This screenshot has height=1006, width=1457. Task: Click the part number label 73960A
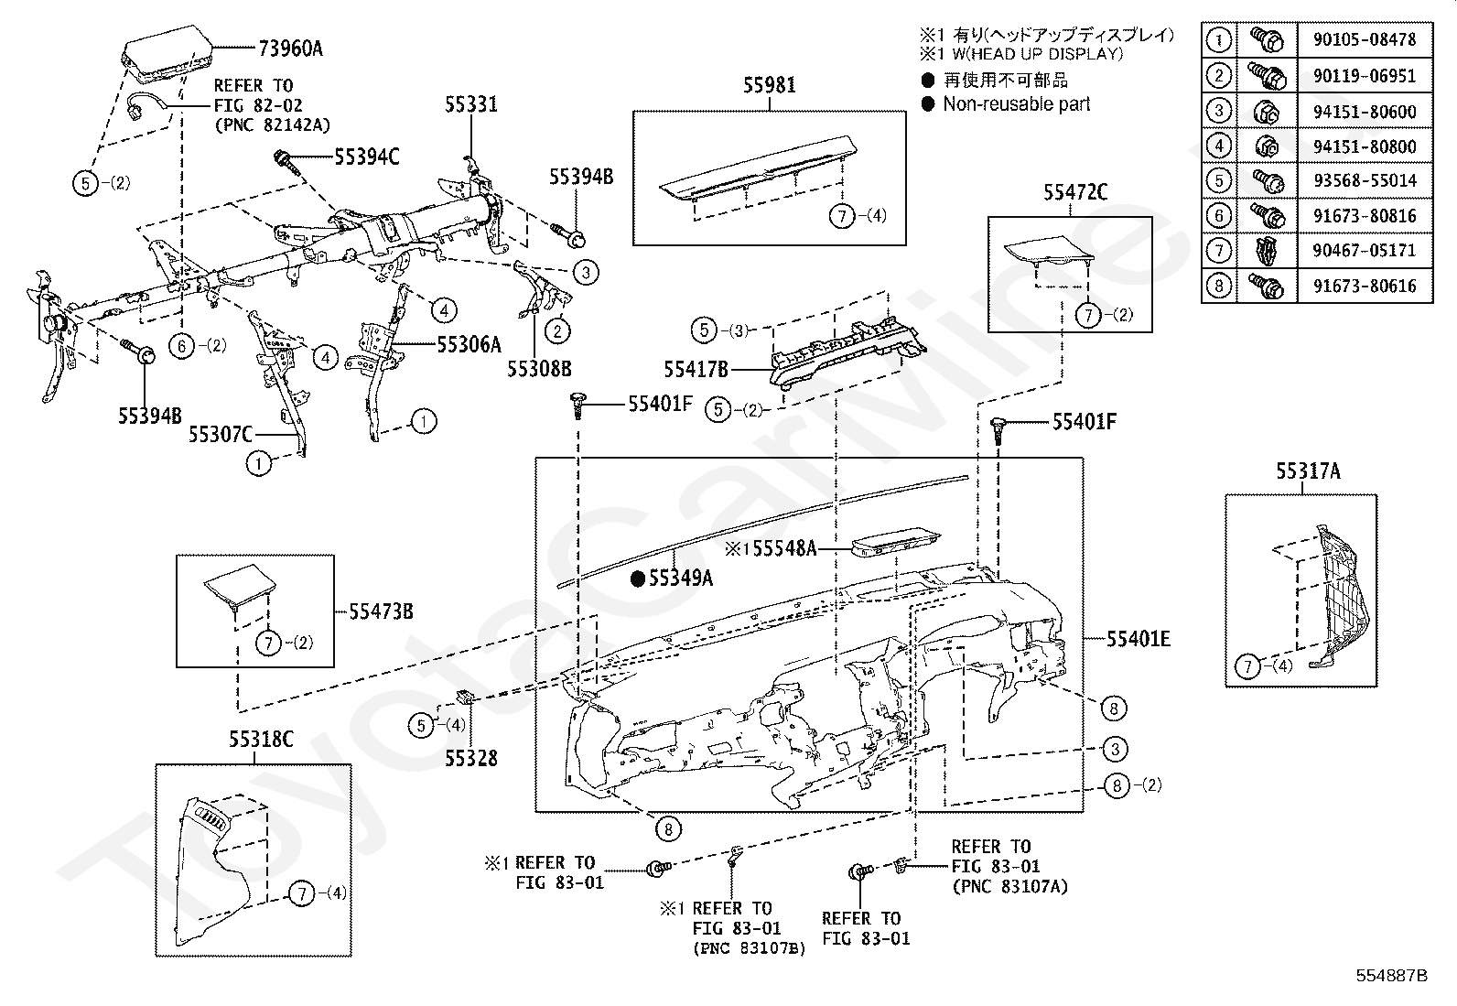(x=290, y=49)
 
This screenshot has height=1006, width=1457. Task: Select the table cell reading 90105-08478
(x=1365, y=39)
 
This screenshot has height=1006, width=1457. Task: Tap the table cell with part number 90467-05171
(x=1365, y=251)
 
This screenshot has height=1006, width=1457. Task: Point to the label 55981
(x=770, y=84)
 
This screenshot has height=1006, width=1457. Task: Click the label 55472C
(x=1075, y=192)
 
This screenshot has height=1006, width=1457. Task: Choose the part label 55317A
(x=1308, y=471)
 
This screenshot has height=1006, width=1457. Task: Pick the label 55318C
(x=261, y=740)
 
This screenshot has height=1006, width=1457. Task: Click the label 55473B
(x=381, y=611)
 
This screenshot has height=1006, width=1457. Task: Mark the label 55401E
(x=1139, y=639)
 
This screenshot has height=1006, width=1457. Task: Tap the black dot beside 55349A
(x=638, y=578)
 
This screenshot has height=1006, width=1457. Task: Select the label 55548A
(x=784, y=548)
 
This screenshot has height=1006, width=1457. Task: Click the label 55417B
(x=696, y=370)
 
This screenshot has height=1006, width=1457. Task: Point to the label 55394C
(x=367, y=157)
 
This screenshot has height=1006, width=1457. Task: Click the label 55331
(x=471, y=104)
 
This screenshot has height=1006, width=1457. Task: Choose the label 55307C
(x=221, y=434)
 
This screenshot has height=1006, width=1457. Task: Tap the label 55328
(x=471, y=758)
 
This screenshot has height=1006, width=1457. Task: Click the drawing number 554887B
(x=1391, y=976)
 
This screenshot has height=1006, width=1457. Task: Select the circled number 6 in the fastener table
(x=1219, y=216)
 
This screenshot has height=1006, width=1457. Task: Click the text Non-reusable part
(x=1017, y=104)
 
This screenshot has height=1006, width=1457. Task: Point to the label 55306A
(x=469, y=344)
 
